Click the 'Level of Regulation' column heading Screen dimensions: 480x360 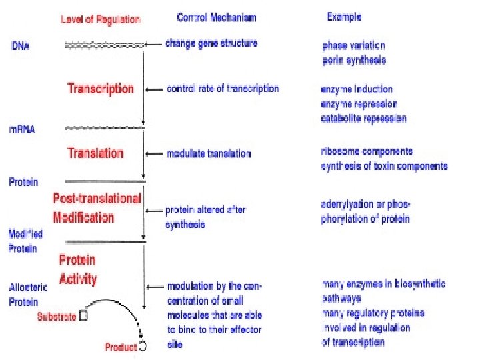[101, 19]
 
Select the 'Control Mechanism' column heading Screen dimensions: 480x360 [216, 17]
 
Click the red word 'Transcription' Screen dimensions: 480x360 [101, 89]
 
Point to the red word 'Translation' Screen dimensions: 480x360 [95, 153]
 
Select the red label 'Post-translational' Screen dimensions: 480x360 [97, 198]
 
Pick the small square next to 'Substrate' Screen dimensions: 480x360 [83, 316]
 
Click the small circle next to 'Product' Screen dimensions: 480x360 [142, 347]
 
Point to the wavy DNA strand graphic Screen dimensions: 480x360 [104, 45]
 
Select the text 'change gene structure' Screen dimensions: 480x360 [211, 43]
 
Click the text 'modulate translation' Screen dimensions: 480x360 [209, 153]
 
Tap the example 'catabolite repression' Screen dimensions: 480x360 [363, 119]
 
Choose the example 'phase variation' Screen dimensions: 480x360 [353, 46]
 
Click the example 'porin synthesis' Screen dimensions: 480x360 [353, 60]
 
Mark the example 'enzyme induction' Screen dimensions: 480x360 [357, 89]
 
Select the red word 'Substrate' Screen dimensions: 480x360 [57, 317]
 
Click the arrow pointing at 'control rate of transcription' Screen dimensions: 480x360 [155, 89]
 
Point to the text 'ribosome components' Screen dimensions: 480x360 [367, 152]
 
